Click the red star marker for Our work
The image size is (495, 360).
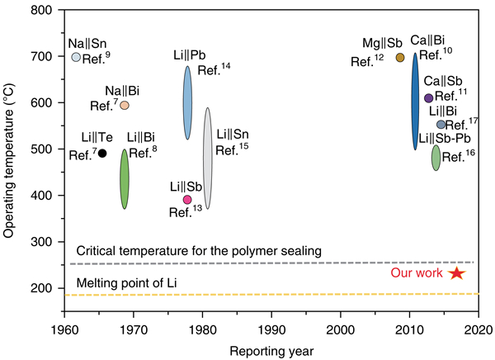pos(457,273)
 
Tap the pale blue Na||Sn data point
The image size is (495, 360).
pos(76,57)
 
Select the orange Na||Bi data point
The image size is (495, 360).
pos(125,105)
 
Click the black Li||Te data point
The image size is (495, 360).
pos(102,153)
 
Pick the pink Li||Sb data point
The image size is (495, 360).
pos(187,200)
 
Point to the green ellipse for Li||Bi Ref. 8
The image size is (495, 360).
pos(125,178)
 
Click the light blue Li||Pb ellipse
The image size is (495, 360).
pos(187,102)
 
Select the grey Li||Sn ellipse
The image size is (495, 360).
pos(208,158)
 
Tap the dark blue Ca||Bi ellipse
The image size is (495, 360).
pos(416,102)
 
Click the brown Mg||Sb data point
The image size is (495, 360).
pos(401,58)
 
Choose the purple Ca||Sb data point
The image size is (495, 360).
pos(428,98)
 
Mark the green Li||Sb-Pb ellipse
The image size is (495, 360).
pos(436,157)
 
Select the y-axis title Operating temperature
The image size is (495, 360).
pos(10,157)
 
